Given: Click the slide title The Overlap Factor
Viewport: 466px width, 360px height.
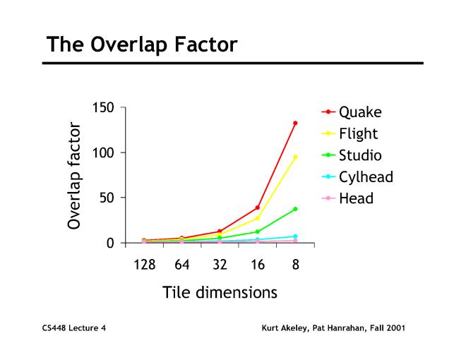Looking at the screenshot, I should click(x=142, y=44).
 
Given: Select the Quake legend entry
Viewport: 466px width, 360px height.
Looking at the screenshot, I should click(x=359, y=112).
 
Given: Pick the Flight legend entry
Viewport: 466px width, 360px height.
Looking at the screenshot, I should click(x=358, y=133).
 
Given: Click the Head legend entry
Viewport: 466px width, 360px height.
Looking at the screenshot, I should click(x=356, y=198).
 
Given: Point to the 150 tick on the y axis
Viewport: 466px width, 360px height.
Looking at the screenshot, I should click(x=102, y=107).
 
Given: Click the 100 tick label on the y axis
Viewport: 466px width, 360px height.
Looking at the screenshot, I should click(x=102, y=152).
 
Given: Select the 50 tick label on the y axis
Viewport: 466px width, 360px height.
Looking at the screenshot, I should click(x=106, y=198).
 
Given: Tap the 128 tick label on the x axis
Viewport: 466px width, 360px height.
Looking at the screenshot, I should click(x=145, y=265).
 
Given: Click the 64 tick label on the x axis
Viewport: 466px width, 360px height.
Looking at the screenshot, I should click(x=182, y=265).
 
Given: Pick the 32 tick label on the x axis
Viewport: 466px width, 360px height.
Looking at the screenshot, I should click(x=220, y=265).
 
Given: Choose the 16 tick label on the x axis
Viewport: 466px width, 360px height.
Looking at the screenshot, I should click(x=258, y=265).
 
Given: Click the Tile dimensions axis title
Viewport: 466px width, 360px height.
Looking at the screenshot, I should click(x=220, y=292).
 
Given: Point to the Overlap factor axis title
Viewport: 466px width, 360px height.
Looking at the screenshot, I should click(x=75, y=176).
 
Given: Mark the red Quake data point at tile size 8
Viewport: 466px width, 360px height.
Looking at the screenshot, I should click(x=295, y=123).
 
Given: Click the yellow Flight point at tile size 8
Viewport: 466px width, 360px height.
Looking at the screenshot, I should click(x=295, y=157).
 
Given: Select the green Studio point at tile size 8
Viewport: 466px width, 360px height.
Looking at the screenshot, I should click(x=295, y=209).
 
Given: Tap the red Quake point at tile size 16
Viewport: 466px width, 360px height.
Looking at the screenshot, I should click(x=258, y=208).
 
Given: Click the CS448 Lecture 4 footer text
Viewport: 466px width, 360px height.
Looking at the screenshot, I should click(x=74, y=328).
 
